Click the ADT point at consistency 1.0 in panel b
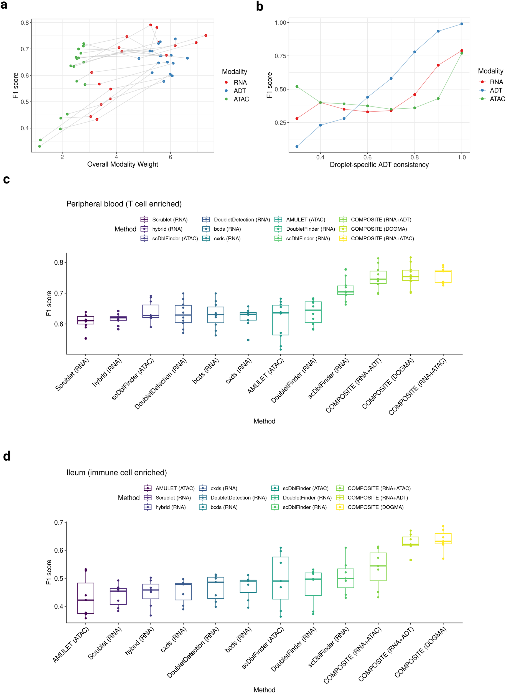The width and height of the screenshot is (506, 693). point(462,24)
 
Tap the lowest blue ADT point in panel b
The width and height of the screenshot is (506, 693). point(297,146)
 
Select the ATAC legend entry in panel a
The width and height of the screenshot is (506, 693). point(241,99)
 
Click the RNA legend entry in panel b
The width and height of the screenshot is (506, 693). point(496,82)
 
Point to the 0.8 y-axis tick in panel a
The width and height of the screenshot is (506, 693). point(25,23)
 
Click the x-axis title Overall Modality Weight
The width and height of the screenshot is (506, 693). point(123,164)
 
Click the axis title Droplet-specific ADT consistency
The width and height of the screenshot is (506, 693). point(379,165)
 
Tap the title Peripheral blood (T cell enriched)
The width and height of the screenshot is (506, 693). point(124,204)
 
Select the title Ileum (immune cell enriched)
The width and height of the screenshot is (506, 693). point(116,473)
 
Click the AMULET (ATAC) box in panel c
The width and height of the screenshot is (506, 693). point(281,320)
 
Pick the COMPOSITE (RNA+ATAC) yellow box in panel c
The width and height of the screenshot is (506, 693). point(443,276)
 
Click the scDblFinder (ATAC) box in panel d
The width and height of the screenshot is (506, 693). point(281,578)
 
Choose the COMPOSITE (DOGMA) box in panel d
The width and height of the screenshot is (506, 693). point(443,539)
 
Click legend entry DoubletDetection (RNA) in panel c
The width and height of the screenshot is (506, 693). point(242,220)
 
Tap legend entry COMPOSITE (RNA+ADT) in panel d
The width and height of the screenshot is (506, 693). point(377,498)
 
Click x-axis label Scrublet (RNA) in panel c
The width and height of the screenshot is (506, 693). point(73,374)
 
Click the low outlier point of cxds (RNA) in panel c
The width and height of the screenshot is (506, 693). point(248,340)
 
